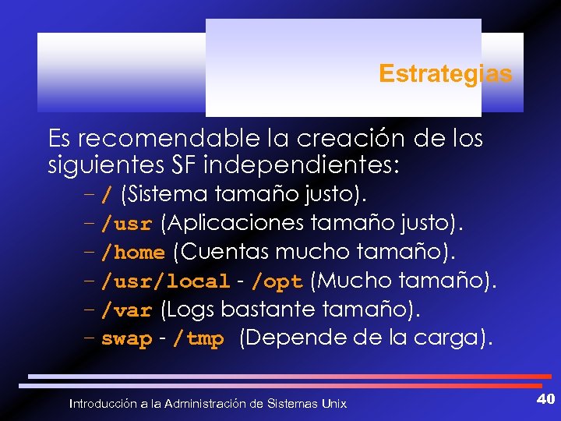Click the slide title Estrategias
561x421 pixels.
[x=445, y=74]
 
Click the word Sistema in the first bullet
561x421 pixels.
[x=164, y=193]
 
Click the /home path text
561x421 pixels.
[x=133, y=253]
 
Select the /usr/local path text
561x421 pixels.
[x=166, y=281]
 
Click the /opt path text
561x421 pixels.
[x=277, y=281]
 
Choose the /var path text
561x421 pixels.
[x=126, y=310]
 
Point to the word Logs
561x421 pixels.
[x=188, y=310]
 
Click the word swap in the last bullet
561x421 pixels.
[x=126, y=339]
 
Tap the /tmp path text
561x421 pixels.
[x=198, y=339]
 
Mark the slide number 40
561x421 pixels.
[x=545, y=399]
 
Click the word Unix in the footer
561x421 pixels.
[x=334, y=403]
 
